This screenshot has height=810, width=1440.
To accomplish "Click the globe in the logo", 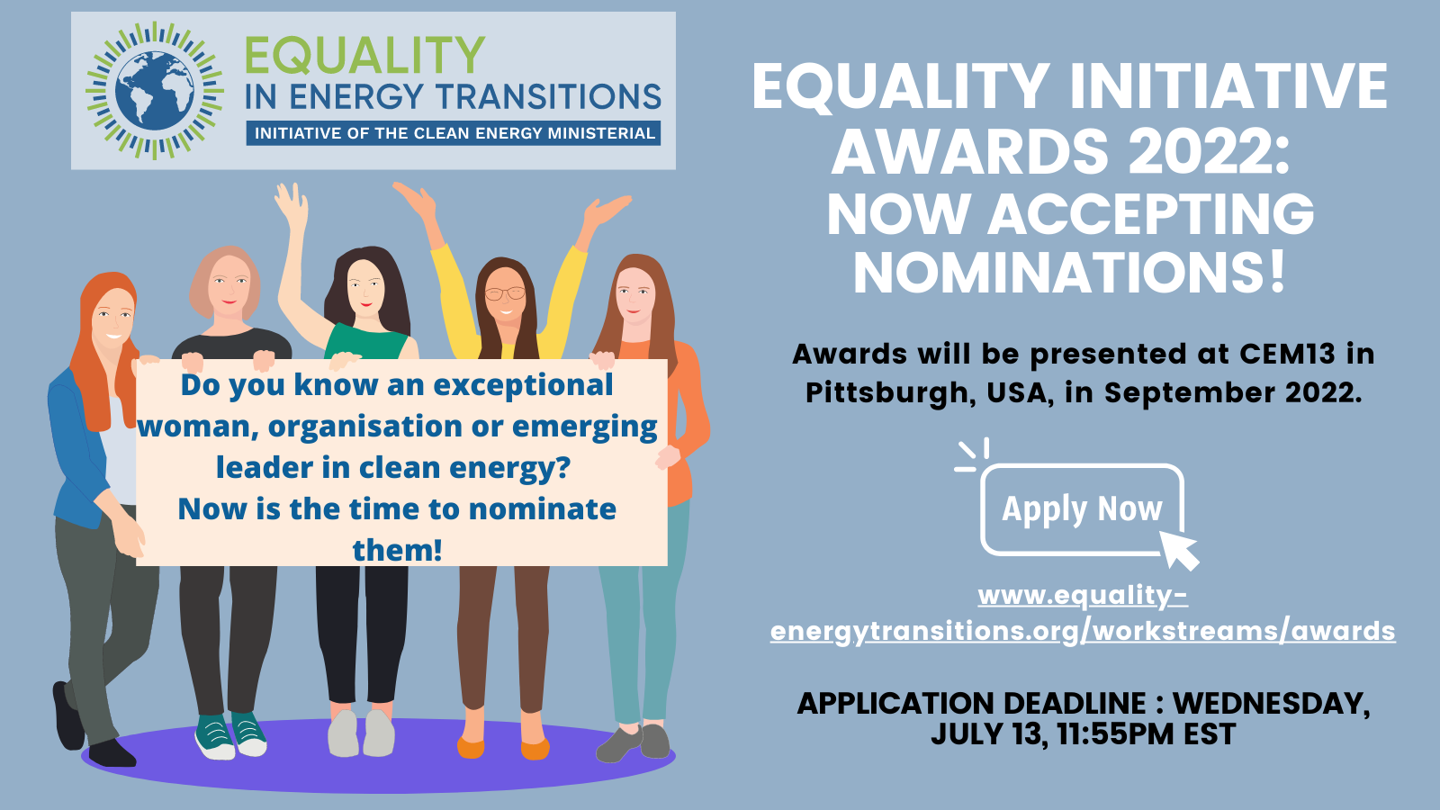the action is point(154,91).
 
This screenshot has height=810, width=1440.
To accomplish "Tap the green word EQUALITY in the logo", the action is point(364,55).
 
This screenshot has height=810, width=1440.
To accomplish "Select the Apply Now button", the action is point(1082,509).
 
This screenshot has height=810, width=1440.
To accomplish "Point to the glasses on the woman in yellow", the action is point(505,293).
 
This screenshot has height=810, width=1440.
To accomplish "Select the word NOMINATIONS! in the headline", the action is point(1069,273).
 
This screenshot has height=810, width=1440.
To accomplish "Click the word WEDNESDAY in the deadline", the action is point(1271,703).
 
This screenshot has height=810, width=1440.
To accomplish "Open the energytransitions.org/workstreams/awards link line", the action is point(1083,631).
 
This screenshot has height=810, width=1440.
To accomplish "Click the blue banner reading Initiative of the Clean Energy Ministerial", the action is point(454,133).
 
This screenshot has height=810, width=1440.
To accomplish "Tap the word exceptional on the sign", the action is point(523,386).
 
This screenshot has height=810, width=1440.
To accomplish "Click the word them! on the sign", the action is point(397,550).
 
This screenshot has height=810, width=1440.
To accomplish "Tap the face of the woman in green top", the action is point(365,288).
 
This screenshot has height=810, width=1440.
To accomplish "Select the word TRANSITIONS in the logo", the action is point(548,96).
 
